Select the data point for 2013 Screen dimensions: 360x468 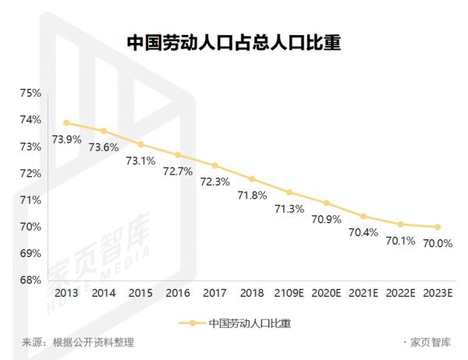coord(66,122)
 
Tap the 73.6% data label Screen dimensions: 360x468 coord(103,146)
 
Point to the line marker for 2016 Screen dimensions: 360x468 coord(178,155)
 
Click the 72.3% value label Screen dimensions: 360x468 coord(214,182)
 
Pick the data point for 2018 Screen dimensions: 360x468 coord(252,179)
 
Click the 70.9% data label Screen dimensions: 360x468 coord(326,219)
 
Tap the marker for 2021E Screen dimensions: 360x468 coord(363,216)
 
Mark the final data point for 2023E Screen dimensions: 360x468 coord(438,227)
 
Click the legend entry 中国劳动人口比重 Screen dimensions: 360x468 coord(253,323)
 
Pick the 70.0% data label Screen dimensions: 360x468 coord(438,243)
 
